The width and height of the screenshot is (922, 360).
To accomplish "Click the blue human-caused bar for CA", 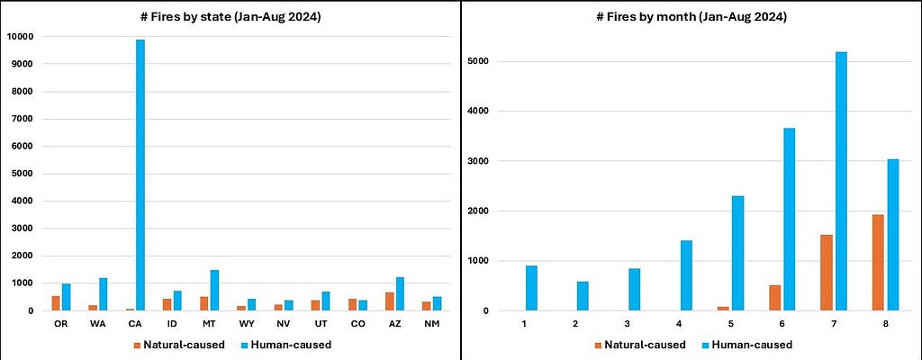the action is click(x=140, y=175).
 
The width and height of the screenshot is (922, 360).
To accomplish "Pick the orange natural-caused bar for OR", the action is click(x=56, y=303).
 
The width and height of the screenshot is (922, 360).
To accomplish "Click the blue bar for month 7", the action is click(x=841, y=181).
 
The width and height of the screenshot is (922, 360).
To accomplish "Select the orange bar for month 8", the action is click(x=878, y=263).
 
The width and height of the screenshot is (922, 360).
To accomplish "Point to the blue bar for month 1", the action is click(x=531, y=288).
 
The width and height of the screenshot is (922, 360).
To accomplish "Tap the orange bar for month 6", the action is click(x=774, y=298).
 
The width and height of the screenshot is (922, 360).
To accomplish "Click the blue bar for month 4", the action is click(x=686, y=275).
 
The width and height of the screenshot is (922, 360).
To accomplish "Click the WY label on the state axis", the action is click(x=246, y=324).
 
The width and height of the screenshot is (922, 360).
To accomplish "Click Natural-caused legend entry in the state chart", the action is click(x=180, y=345).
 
